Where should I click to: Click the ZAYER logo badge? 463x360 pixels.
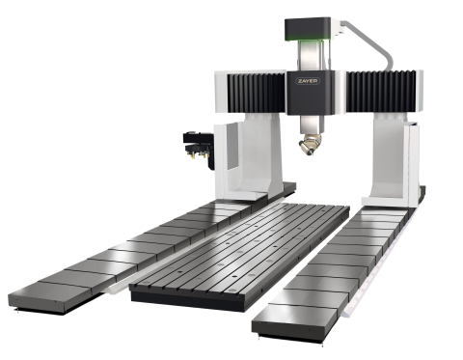(308, 81)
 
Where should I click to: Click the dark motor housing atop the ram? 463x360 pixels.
(308, 30)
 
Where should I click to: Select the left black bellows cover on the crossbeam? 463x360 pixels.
(257, 93)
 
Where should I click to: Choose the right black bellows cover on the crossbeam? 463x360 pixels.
(381, 92)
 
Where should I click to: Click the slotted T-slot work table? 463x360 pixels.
(240, 251)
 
